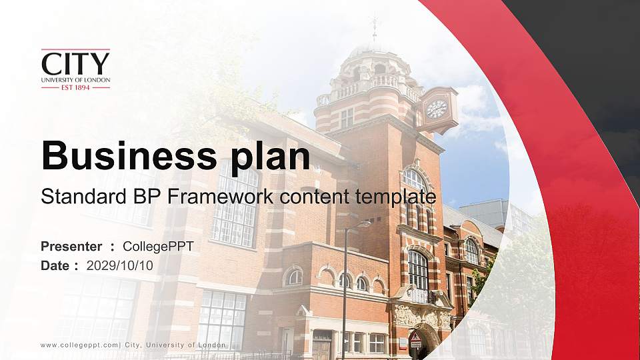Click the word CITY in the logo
pyautogui.click(x=75, y=64)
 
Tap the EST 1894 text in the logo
pyautogui.click(x=75, y=87)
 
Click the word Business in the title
pyautogui.click(x=123, y=157)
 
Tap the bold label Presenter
pyautogui.click(x=71, y=247)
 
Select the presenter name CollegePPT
pyautogui.click(x=158, y=247)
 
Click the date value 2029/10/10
pyautogui.click(x=120, y=265)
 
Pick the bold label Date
pyautogui.click(x=55, y=265)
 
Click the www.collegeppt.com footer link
pyautogui.click(x=79, y=345)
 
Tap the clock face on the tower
pyautogui.click(x=437, y=109)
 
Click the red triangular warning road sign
pyautogui.click(x=416, y=337)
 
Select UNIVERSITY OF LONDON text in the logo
pyautogui.click(x=75, y=79)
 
